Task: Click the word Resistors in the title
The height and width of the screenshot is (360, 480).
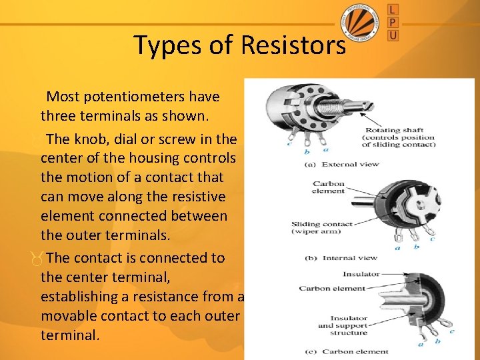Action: point(293,45)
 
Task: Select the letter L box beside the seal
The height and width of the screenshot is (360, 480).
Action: point(393,9)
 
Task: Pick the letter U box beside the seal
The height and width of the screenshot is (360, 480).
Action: point(393,35)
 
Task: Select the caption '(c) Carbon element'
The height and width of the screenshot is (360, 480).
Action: point(345,351)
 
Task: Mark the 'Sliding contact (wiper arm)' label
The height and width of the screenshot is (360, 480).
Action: point(322,228)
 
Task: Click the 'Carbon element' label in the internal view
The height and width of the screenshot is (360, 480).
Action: point(328,187)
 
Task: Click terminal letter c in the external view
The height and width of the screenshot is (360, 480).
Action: point(289,143)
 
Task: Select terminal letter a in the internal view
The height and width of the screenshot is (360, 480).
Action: point(398,248)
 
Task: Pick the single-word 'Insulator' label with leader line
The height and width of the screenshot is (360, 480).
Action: point(361,274)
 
